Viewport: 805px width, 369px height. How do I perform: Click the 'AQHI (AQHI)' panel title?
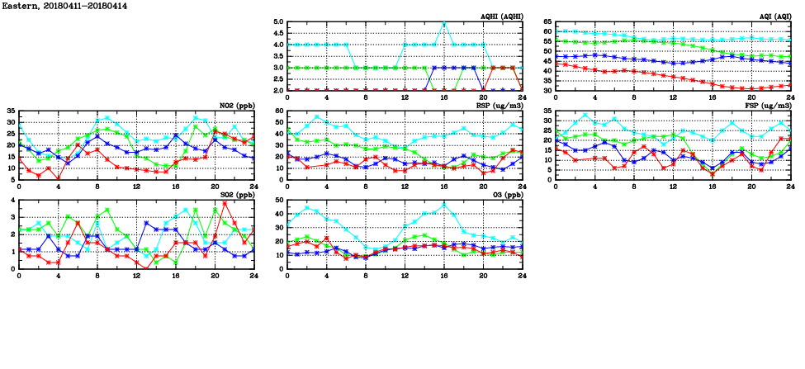tap(501, 17)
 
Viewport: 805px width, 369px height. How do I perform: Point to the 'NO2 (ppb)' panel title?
tap(236, 106)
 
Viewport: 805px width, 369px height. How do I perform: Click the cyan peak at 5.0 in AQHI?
tap(444, 23)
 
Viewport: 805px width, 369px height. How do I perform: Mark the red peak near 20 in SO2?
tap(225, 203)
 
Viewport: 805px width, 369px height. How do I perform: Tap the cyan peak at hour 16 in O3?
tap(444, 204)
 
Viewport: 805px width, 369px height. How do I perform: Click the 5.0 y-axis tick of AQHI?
tap(280, 22)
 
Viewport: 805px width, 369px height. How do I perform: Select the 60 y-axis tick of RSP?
tap(280, 111)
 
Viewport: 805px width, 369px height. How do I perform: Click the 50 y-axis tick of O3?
tap(280, 201)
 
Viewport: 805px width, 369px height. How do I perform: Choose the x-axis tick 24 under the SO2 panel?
tap(253, 275)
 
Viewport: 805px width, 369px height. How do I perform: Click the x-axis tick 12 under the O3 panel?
tap(405, 275)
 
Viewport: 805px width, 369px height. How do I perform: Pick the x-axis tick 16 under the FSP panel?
tap(713, 186)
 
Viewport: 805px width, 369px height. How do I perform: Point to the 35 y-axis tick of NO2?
tap(10, 111)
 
